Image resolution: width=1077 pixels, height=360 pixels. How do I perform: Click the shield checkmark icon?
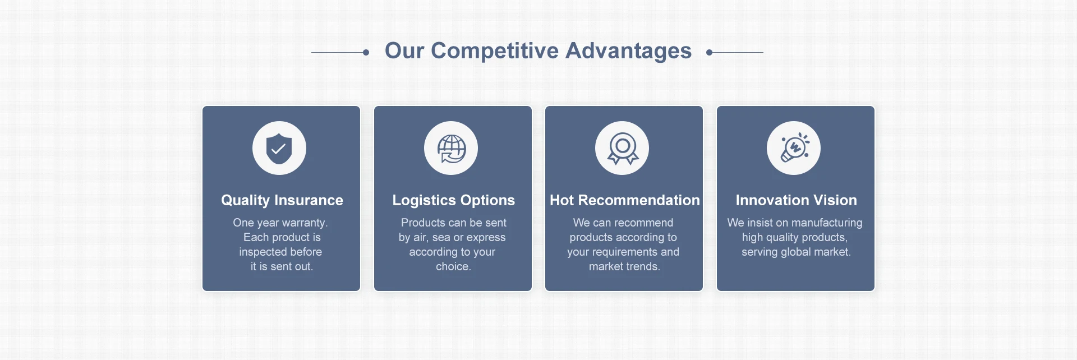coord(279,149)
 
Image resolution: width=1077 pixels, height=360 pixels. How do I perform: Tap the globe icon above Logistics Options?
coord(452,149)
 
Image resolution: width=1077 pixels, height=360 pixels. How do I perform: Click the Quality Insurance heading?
coord(282,200)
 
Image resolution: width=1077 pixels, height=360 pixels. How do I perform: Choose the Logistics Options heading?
coord(453,200)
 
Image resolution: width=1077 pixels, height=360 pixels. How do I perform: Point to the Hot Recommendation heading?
coord(625,200)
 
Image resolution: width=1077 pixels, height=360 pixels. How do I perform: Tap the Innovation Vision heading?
coord(796,200)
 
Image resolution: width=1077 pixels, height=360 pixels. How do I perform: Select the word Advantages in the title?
coord(629,51)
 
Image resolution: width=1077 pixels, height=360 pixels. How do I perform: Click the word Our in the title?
coord(404,51)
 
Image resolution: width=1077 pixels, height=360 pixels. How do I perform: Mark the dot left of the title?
coord(366,52)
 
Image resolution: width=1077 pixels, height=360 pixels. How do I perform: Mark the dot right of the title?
coord(710,52)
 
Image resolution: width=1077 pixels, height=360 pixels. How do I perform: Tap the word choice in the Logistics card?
coord(452,266)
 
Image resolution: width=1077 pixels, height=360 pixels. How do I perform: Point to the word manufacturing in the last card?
coord(827,223)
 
